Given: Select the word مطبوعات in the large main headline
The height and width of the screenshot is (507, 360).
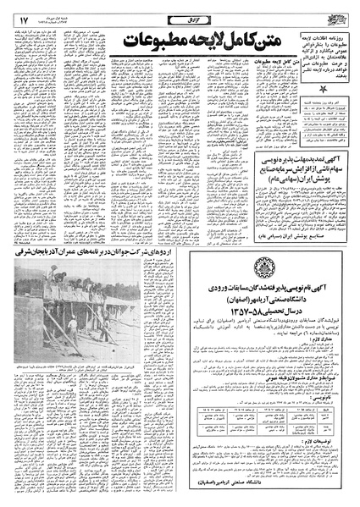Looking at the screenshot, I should pyautogui.click(x=156, y=37).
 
